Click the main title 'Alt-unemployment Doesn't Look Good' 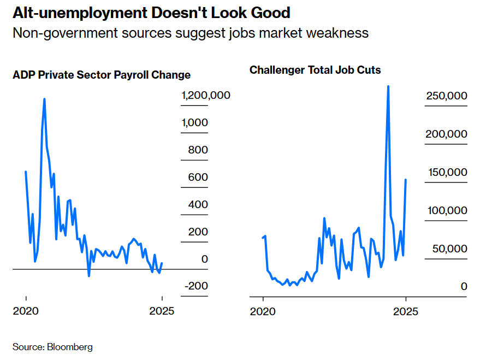[151, 13]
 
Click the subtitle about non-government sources [191, 33]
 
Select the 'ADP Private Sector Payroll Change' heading [102, 75]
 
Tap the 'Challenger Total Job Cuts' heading [315, 70]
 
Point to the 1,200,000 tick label [206, 96]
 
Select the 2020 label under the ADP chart [26, 311]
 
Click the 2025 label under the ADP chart [162, 311]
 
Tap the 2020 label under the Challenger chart [263, 311]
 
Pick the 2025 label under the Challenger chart [405, 311]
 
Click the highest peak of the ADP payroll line [44, 99]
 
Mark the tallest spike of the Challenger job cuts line [388, 86]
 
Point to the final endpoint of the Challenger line [406, 180]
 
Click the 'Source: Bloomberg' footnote [52, 347]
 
